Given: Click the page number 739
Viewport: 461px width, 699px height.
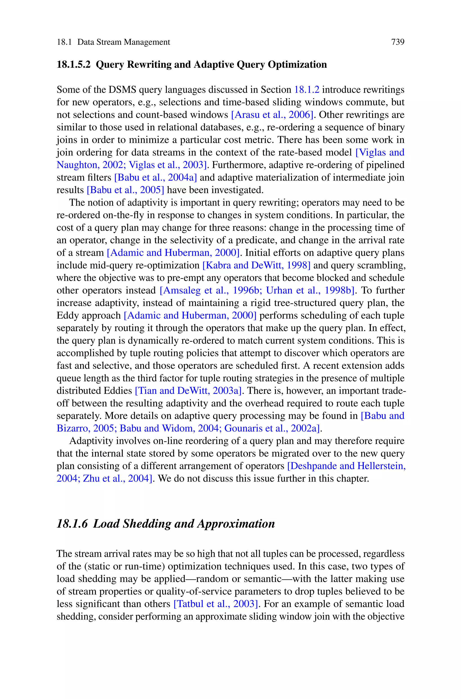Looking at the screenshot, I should point(398,42).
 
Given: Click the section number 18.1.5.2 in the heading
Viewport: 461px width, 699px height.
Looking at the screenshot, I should point(74,65).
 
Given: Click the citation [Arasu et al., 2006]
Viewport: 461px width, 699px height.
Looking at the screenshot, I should point(272,115).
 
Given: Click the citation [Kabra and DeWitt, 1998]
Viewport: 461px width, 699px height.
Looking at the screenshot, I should point(256,265).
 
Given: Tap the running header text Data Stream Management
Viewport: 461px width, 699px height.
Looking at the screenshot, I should point(124,42).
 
